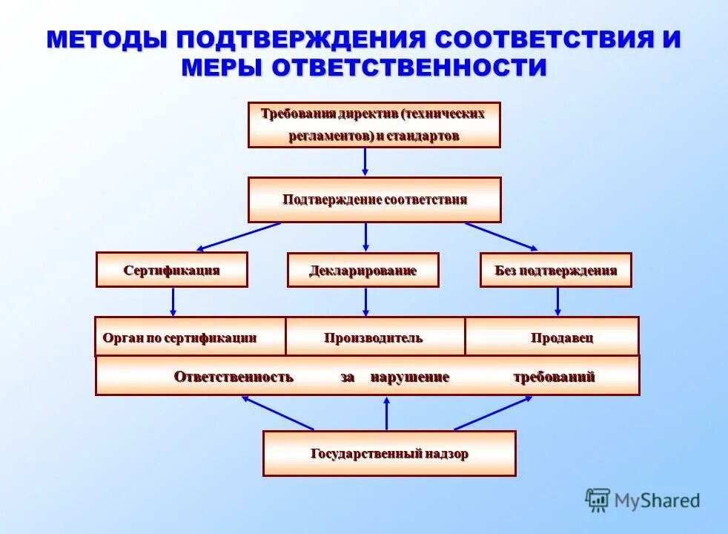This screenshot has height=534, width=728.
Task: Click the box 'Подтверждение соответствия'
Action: pyautogui.click(x=374, y=200)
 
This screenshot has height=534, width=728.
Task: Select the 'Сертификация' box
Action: pyautogui.click(x=171, y=270)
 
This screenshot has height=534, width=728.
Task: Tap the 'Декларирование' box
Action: pyautogui.click(x=363, y=270)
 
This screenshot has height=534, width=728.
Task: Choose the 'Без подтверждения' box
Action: pyautogui.click(x=555, y=270)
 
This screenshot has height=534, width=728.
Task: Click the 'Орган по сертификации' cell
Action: pyautogui.click(x=180, y=338)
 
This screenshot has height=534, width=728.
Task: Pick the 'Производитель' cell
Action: pyautogui.click(x=374, y=338)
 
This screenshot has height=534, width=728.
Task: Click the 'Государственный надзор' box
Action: pyautogui.click(x=388, y=453)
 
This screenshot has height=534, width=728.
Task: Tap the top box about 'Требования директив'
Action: pyautogui.click(x=374, y=125)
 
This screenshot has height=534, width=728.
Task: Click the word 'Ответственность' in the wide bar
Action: pyautogui.click(x=234, y=377)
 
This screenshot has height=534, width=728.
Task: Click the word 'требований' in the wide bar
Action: pyautogui.click(x=554, y=377)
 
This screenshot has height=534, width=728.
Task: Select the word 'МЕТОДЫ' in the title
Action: pyautogui.click(x=104, y=39)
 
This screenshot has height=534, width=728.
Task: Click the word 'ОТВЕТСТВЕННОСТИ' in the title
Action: pyautogui.click(x=409, y=67)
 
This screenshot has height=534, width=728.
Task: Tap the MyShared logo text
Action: pyautogui.click(x=657, y=501)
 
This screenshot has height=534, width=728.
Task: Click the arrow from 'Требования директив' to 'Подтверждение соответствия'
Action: pyautogui.click(x=365, y=162)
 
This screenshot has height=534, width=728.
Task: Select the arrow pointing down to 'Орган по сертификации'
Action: pyautogui.click(x=173, y=302)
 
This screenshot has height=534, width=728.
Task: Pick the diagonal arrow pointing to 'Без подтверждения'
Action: pyautogui.click(x=500, y=236)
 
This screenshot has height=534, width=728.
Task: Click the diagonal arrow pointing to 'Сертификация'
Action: pyautogui.click(x=239, y=236)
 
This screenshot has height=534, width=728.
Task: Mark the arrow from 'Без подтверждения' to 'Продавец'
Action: pyautogui.click(x=557, y=302)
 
